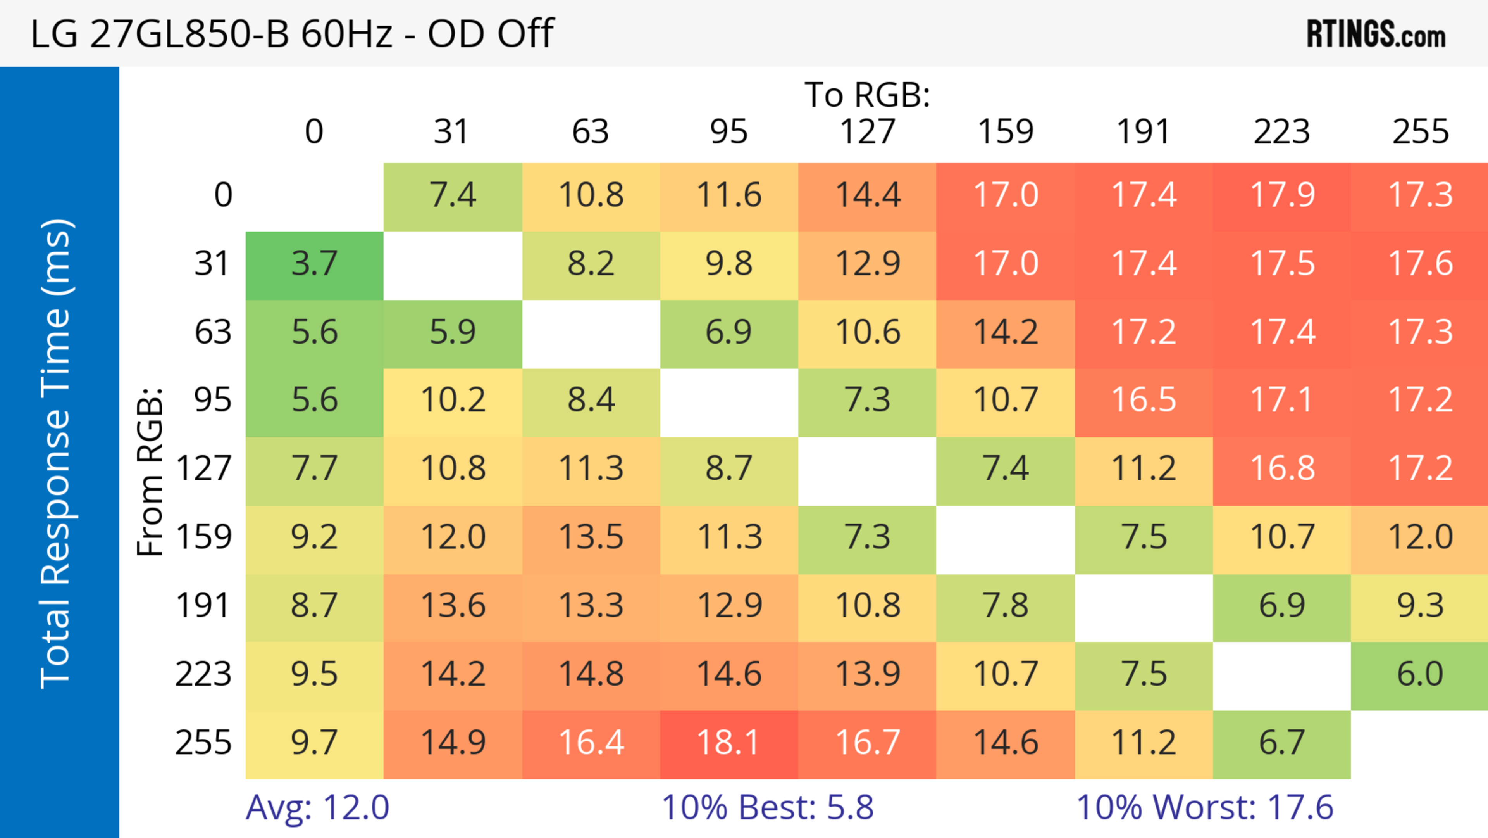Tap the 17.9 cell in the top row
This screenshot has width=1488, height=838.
coord(1282,196)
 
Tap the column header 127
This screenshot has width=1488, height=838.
coord(867,132)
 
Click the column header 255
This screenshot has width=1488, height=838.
coord(1420,132)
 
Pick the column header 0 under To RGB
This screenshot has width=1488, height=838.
coord(314,132)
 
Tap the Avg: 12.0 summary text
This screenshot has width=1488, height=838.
coord(317,807)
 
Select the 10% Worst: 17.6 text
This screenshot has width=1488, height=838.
coord(1204,807)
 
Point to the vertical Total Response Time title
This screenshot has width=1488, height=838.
coord(57,454)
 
